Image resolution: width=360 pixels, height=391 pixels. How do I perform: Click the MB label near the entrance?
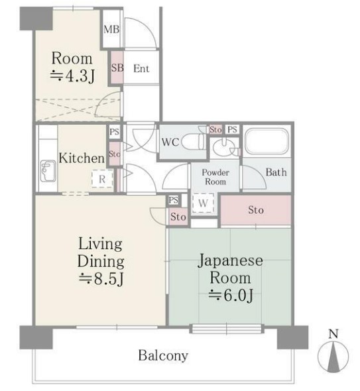111,30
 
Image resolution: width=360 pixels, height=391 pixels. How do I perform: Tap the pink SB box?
117,68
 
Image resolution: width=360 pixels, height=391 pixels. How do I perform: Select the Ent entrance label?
141,68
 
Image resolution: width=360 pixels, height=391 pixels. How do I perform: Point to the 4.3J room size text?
72,76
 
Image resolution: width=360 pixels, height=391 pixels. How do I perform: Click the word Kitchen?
82,158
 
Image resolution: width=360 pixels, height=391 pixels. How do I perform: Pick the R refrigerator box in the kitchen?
101,178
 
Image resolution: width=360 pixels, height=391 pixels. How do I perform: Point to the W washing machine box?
203,202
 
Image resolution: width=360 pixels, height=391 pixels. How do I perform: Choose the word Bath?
276,172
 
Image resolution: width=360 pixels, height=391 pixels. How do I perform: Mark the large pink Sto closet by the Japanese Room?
255,211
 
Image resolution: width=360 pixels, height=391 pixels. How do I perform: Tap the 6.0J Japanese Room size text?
231,295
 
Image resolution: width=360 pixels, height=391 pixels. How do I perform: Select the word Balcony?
162,355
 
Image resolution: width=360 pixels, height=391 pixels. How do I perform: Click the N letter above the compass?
333,333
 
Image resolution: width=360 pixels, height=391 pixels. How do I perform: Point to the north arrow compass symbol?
333,357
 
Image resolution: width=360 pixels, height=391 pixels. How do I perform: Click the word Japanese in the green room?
230,260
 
